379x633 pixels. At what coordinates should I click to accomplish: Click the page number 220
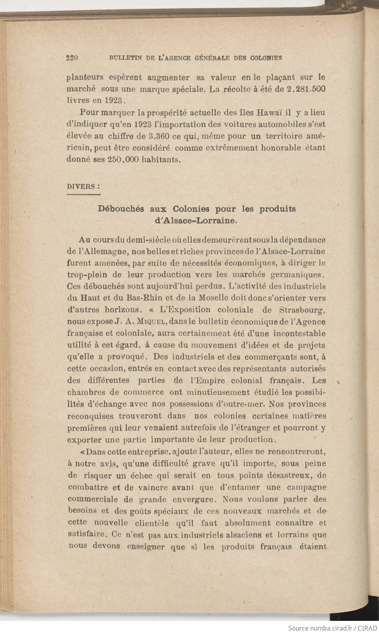(72, 58)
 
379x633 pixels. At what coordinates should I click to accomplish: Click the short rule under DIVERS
(83, 195)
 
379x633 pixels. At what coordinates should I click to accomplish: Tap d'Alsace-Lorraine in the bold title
(196, 221)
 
